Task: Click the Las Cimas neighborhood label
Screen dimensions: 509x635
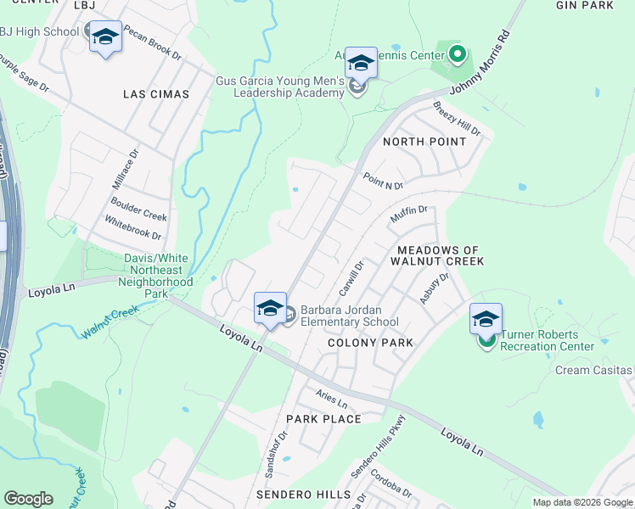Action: pos(156,94)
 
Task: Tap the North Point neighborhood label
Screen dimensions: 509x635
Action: pos(424,142)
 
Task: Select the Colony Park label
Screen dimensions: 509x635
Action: pos(370,343)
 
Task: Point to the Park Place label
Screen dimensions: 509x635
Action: pos(323,419)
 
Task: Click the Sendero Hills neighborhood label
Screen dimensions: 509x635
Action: pos(303,494)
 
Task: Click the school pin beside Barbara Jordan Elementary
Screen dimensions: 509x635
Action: pos(270,307)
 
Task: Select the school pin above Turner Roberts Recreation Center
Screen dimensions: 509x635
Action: pos(486,319)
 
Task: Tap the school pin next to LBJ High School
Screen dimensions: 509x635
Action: pos(105,36)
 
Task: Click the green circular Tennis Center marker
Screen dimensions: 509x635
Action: pos(458,55)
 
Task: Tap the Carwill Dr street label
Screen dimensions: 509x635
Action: pos(351,278)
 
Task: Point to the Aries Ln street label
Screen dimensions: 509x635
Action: pos(331,398)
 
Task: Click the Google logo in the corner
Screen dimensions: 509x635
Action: pos(28,498)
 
